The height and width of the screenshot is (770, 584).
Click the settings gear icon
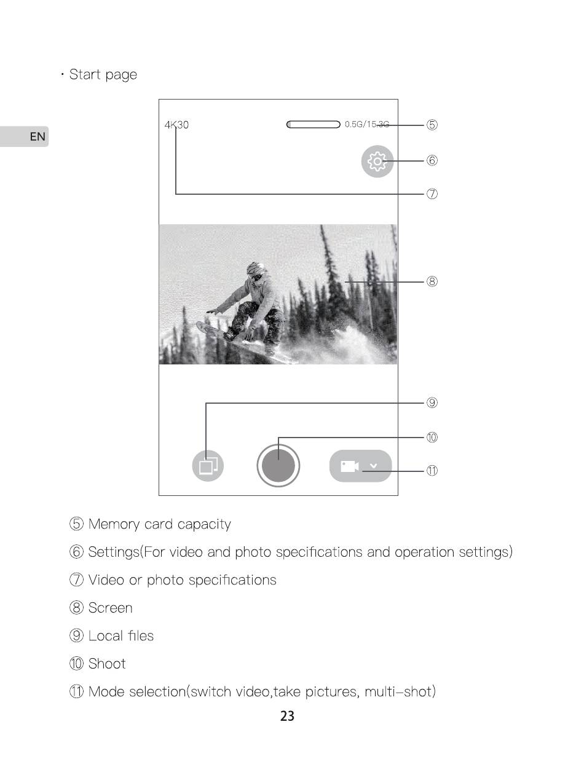pos(377,162)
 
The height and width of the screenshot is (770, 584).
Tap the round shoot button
pos(278,466)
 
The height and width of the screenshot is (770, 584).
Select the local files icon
pos(208,466)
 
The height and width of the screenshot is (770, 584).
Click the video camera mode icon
pos(349,466)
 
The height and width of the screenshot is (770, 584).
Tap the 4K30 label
pos(176,125)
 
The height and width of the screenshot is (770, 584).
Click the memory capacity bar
pos(314,125)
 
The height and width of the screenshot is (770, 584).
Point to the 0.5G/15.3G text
pos(367,124)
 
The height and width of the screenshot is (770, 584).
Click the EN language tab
pos(37,136)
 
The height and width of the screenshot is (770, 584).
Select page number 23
pos(287,716)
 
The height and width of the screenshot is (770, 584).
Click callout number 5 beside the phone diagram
pos(432,125)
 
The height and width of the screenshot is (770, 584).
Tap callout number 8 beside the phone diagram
pos(432,281)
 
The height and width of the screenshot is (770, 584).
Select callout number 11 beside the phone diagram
pos(432,471)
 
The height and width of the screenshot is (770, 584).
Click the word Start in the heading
pos(85,74)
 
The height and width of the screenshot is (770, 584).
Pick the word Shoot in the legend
pos(107,664)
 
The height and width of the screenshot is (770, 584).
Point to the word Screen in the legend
pos(111,608)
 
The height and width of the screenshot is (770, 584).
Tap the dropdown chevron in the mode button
pos(374,466)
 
